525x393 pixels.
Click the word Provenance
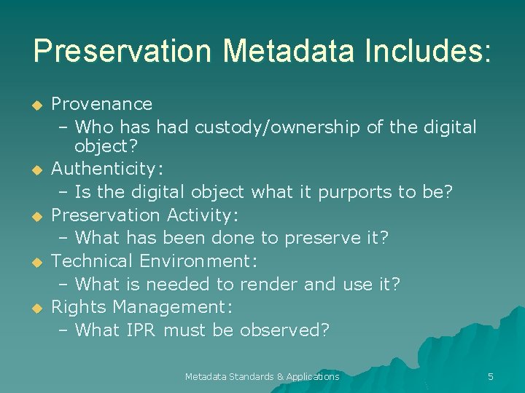(101, 104)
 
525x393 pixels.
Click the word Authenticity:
(107, 169)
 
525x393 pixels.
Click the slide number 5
(490, 377)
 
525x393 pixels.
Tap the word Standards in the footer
(252, 377)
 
